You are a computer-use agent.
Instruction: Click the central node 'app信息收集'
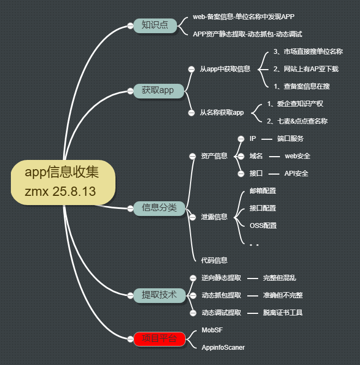pos(62,182)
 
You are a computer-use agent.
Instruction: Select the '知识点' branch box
pos(155,25)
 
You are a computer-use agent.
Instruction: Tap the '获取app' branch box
pos(157,90)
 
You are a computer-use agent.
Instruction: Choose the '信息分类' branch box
pos(159,207)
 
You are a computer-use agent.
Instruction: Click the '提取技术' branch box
pos(159,295)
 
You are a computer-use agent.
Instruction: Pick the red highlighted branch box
pos(159,338)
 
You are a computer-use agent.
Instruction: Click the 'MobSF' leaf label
pos(212,330)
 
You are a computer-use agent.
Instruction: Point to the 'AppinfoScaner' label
pos(223,347)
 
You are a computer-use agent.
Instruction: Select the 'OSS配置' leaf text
pos(263,225)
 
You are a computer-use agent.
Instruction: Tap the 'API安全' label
pos(296,174)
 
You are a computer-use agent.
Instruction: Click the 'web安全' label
pos(297,156)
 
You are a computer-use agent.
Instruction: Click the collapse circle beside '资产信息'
pos(192,156)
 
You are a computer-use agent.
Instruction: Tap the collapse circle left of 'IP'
pos(241,139)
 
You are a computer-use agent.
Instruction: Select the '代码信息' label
pos(214,261)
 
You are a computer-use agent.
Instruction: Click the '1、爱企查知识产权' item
pos(295,104)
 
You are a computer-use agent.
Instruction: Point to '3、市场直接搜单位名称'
pos(308,52)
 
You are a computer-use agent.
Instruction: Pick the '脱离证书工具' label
pos(283,312)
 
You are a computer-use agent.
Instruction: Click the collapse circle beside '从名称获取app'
pos(191,113)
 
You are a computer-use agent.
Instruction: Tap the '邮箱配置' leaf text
pos(263,190)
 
